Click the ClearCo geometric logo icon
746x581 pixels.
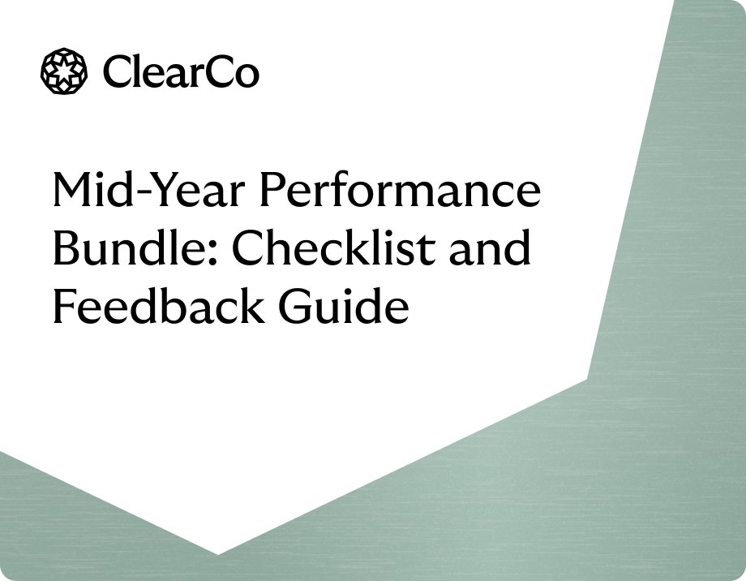pyautogui.click(x=63, y=71)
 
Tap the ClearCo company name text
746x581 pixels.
pyautogui.click(x=181, y=72)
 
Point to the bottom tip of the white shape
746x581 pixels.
pyautogui.click(x=217, y=553)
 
